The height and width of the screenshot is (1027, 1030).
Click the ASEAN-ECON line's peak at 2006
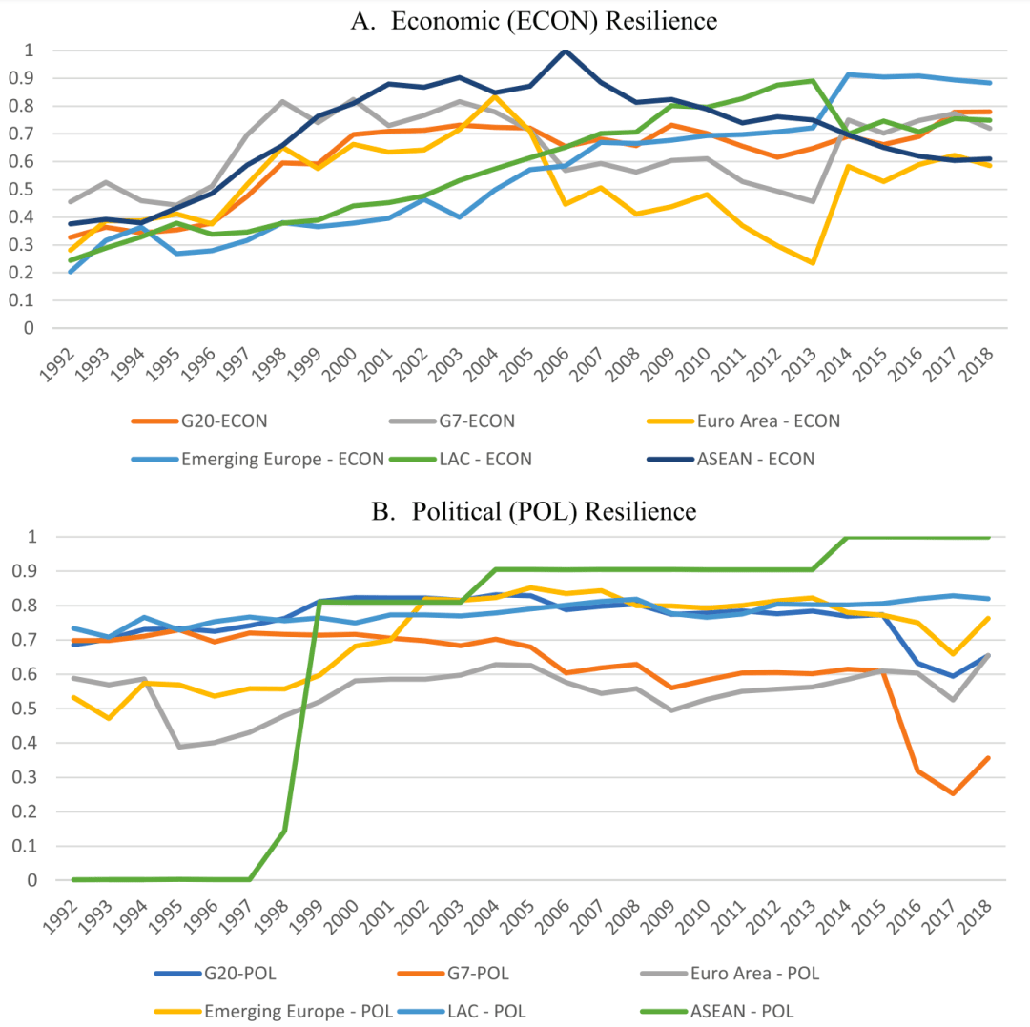click(566, 51)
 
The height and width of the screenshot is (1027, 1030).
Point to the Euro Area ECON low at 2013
click(813, 263)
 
